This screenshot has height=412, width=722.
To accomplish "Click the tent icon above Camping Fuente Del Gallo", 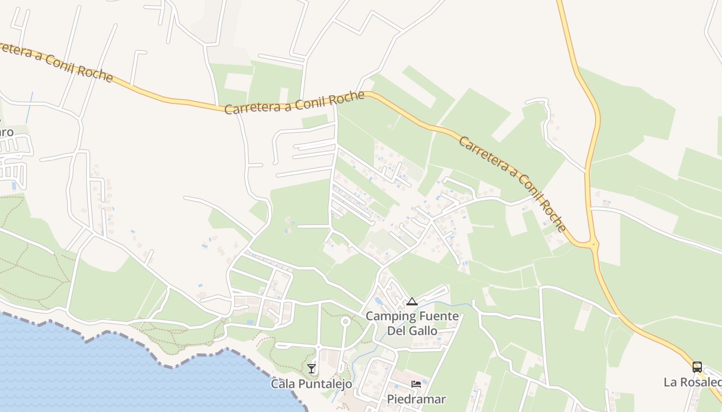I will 411,301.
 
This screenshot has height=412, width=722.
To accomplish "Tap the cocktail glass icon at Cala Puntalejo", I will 311,368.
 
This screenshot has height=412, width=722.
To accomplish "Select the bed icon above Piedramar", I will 416,384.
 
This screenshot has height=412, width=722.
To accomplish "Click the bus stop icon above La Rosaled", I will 697,367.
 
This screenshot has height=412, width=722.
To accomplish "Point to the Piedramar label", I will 416,399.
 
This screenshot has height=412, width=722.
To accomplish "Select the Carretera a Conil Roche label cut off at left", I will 54,62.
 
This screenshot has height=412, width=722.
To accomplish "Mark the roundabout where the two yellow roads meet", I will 594,245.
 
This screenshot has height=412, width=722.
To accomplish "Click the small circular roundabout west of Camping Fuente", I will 345,322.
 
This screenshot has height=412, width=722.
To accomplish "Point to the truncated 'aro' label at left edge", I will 7,132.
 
